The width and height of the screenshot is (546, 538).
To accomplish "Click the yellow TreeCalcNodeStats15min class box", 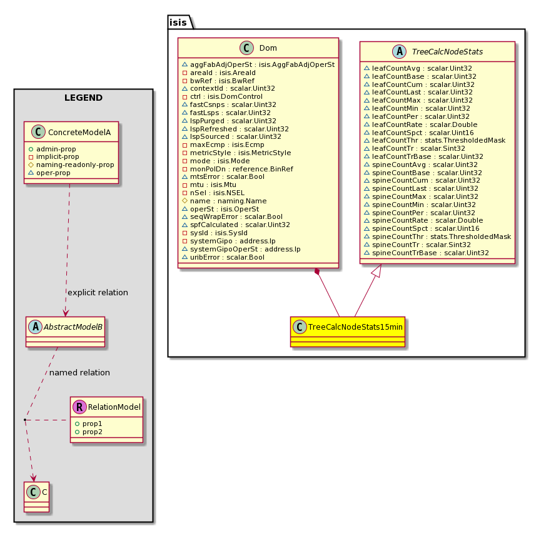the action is pos(348,332).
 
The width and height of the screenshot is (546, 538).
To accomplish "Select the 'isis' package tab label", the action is pos(178,23).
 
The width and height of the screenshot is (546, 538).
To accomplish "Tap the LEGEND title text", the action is pos(84,98).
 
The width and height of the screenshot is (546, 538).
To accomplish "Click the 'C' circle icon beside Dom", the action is pos(246,48).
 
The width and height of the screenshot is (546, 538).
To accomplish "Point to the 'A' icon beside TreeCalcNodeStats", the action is pos(399,51).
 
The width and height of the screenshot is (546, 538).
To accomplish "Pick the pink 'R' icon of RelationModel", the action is pos(79,407).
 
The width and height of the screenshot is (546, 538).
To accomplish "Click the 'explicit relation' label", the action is pos(98,293).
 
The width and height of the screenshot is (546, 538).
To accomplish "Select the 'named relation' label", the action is pos(79,373).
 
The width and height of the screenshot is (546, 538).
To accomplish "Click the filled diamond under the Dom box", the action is pos(317,272).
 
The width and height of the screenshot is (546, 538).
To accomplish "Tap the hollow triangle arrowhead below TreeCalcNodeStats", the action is pos(378,271).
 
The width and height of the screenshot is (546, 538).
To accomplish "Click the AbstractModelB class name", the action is pos(73,327).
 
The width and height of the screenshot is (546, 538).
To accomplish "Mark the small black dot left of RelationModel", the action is pos(25,420).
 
